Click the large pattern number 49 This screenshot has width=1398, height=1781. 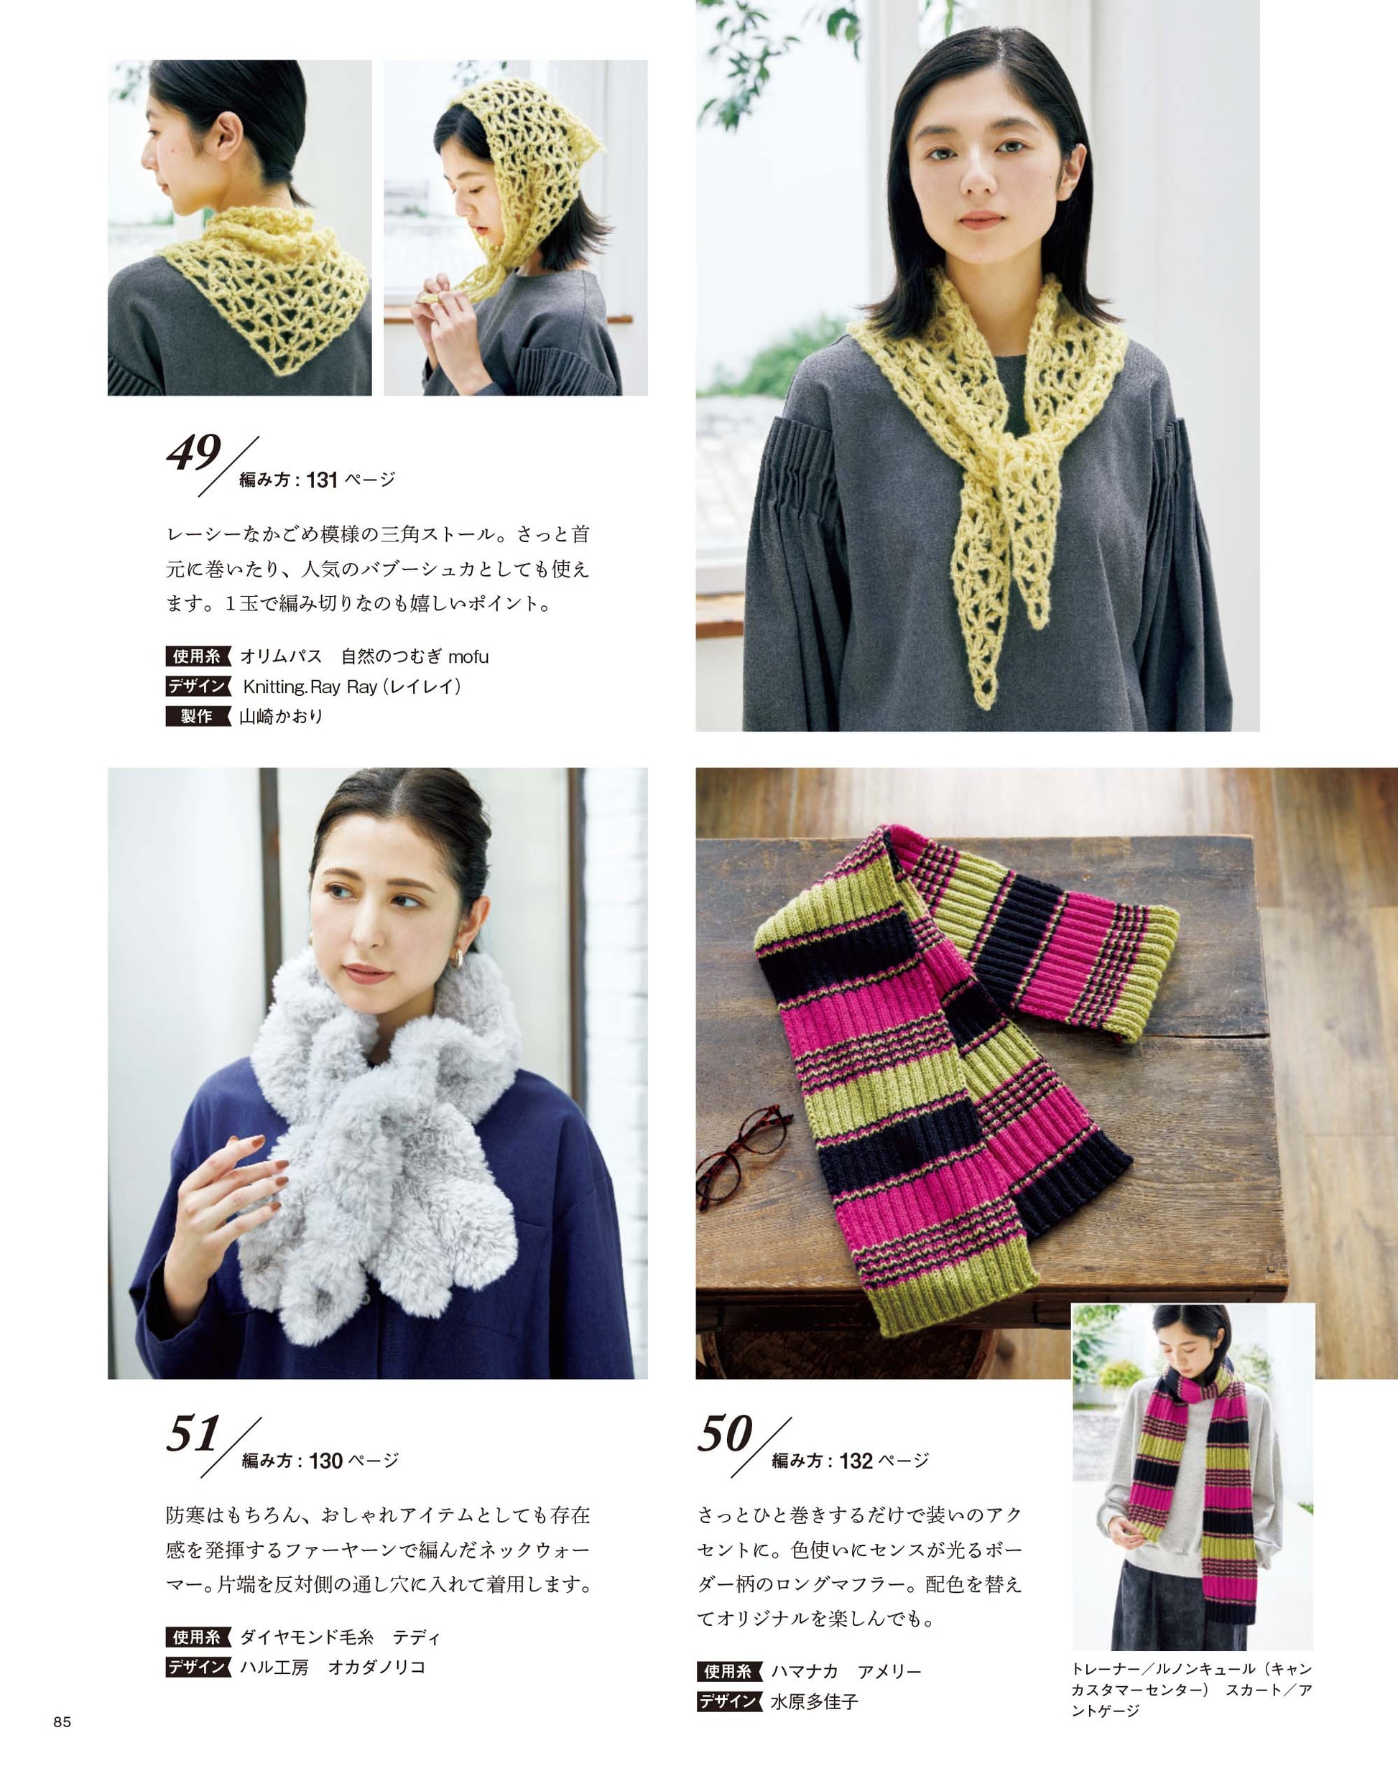[x=194, y=452]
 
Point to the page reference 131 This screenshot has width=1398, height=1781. [x=323, y=480]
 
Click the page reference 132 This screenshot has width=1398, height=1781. [x=856, y=1461]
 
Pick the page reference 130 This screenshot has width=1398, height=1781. [x=325, y=1461]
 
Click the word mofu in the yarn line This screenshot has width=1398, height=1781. [x=468, y=656]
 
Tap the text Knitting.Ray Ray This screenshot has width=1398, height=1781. [x=310, y=687]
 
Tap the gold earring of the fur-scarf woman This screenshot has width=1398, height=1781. [x=459, y=957]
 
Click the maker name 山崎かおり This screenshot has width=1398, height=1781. [x=282, y=717]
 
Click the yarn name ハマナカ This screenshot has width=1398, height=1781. [x=805, y=1671]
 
